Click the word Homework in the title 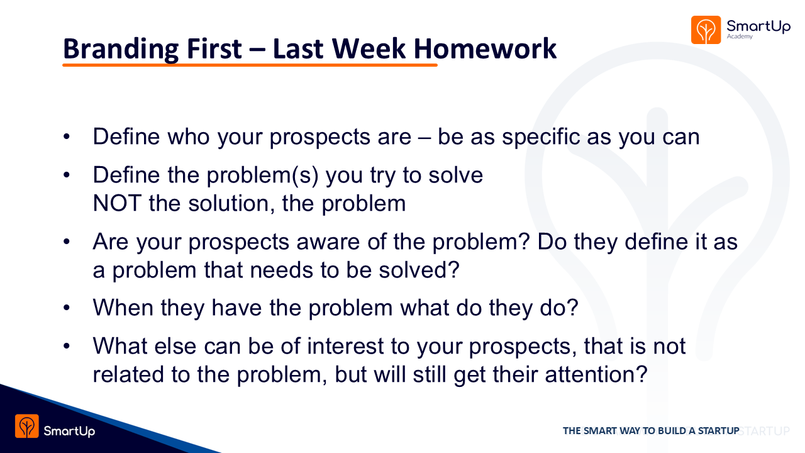click(x=485, y=48)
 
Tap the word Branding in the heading click(x=121, y=50)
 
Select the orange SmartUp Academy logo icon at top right click(x=706, y=30)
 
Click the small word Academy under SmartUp click(x=740, y=36)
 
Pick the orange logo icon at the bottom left click(x=27, y=426)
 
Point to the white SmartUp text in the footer click(x=69, y=431)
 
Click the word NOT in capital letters click(x=117, y=203)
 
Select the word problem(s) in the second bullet click(x=263, y=176)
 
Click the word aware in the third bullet click(x=328, y=242)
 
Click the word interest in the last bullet click(x=345, y=346)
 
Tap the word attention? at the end click(x=597, y=374)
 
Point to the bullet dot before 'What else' click(x=67, y=346)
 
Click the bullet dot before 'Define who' click(x=67, y=137)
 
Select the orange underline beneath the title click(x=250, y=65)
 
